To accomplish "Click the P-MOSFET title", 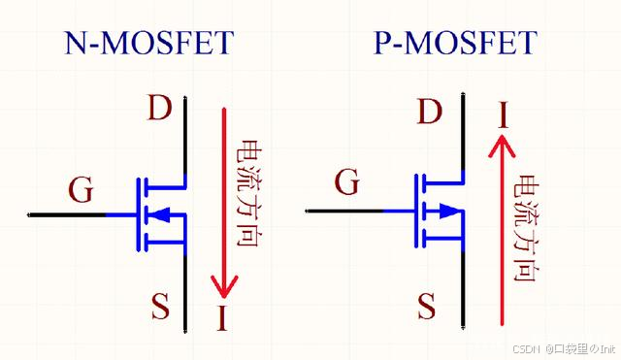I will coord(454,44).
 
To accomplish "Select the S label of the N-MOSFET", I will coord(159,308).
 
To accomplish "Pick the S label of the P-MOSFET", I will coord(427,308).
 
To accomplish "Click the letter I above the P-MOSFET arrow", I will coord(503,115).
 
